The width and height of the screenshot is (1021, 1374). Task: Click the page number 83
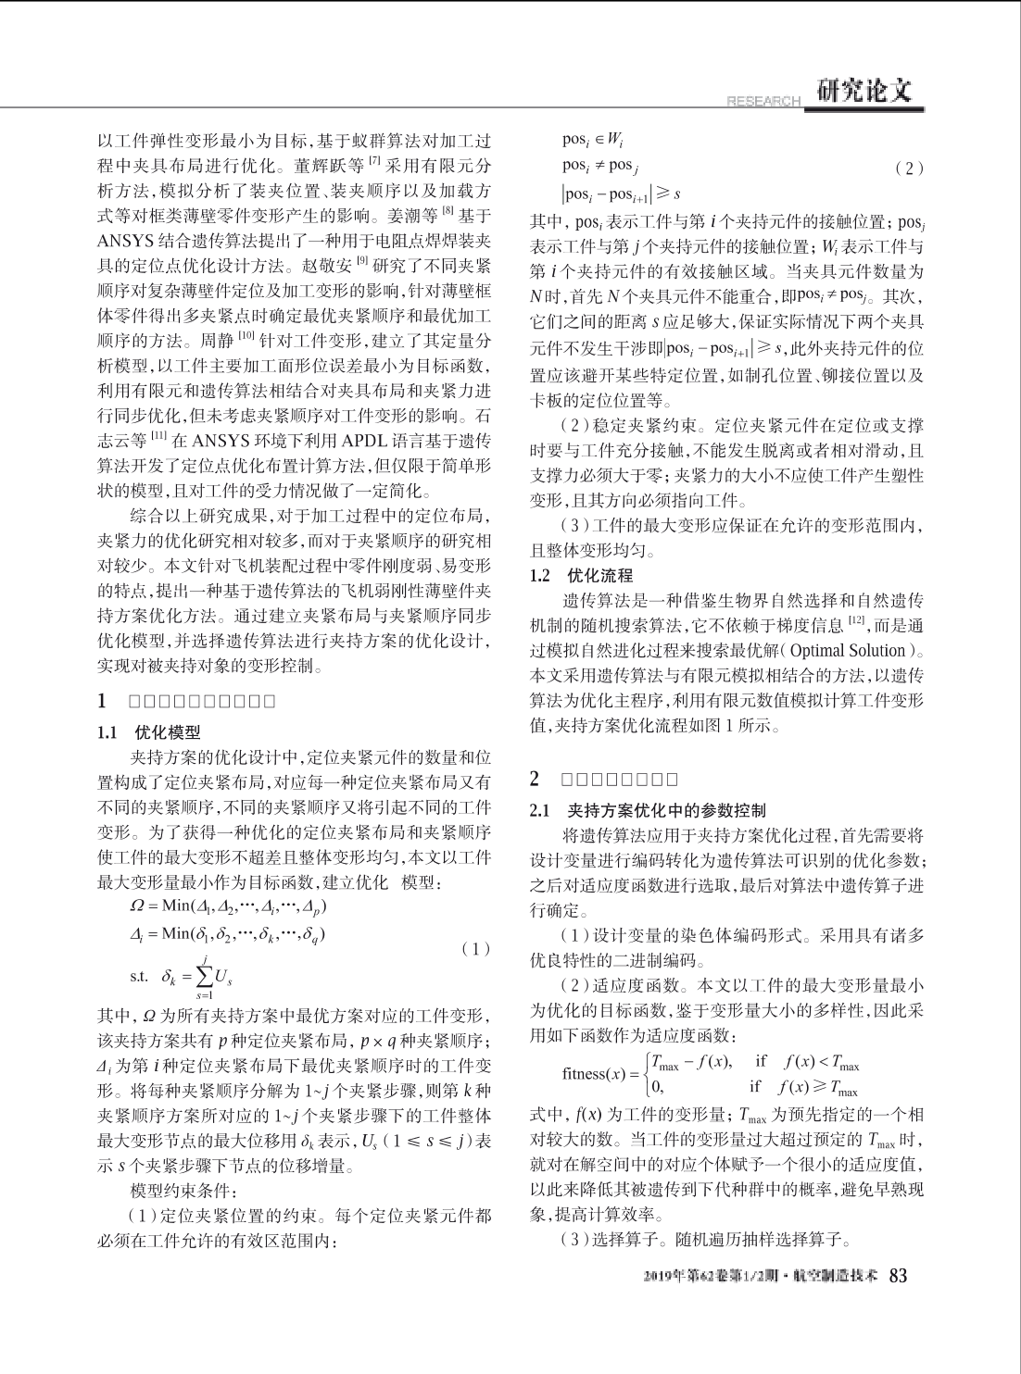click(x=898, y=1276)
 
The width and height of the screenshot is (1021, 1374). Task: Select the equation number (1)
click(x=474, y=949)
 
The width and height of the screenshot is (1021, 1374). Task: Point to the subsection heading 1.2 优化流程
click(x=581, y=575)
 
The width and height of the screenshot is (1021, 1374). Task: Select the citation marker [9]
click(x=361, y=263)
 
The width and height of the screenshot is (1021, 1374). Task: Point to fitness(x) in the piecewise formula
click(x=595, y=1074)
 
